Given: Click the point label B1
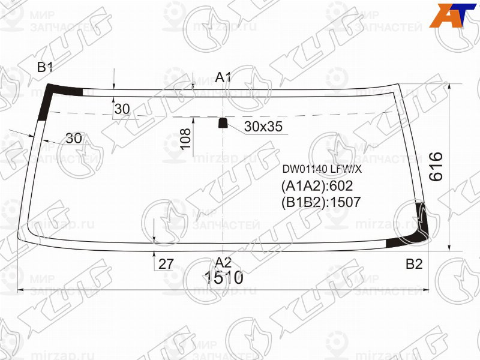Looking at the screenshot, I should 45,67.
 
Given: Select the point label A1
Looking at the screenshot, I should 224,77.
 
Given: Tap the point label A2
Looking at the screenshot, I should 224,262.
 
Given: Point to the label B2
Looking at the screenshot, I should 414,263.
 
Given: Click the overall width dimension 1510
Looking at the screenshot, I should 223,278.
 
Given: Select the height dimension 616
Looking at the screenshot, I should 436,167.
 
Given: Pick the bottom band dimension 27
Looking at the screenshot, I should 166,263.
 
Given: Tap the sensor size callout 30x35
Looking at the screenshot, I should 263,127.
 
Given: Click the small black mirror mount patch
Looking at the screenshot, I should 223,123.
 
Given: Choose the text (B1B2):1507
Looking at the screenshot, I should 320,202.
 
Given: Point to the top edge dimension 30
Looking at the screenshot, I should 122,109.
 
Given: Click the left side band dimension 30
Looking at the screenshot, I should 74,138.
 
